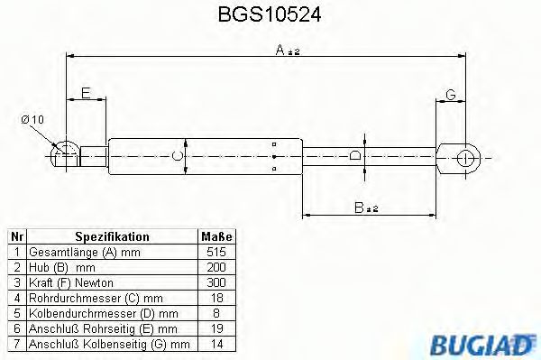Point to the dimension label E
point(85,93)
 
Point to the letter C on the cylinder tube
point(179,156)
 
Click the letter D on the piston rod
point(356,156)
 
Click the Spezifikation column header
point(112,236)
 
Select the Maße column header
point(216,236)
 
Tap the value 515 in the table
point(216,252)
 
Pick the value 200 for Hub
point(216,267)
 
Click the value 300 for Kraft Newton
point(216,282)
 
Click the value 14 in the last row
point(216,344)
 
